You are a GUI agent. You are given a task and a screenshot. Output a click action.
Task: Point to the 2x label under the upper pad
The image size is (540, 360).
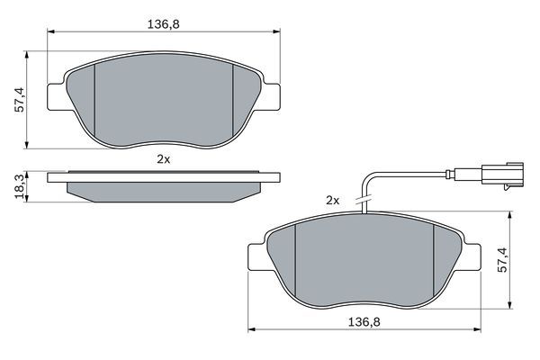(163, 158)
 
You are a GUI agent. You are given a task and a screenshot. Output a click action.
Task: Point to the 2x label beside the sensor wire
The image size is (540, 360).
(332, 200)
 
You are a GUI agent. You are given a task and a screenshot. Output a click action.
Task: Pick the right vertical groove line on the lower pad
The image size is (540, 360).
(436, 261)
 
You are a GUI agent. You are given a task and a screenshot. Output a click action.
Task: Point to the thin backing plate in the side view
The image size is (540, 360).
(163, 174)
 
